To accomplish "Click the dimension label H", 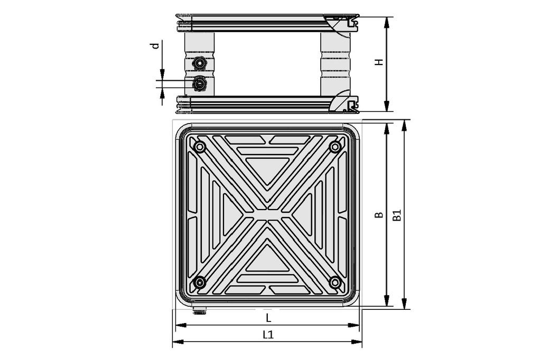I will click(379, 62).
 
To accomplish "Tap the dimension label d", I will click(155, 46).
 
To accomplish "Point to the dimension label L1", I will click(268, 335).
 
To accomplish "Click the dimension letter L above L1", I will click(268, 318).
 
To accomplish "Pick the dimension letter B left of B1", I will click(378, 215).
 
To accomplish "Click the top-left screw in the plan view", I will click(199, 147).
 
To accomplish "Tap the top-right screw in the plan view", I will click(334, 147).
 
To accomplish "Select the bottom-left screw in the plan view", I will click(199, 282).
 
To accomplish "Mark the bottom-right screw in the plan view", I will click(334, 282).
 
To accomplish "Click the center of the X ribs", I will click(267, 215).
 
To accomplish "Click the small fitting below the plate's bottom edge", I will click(199, 311).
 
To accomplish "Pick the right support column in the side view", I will click(335, 64).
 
